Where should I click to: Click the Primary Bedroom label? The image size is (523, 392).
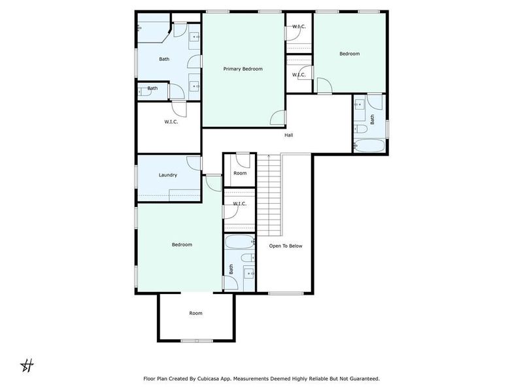(243, 69)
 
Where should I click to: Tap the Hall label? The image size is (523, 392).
(288, 135)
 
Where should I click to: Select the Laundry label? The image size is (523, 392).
(168, 175)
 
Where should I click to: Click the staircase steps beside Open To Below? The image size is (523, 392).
(269, 196)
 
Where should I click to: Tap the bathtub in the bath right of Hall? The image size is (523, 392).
(369, 145)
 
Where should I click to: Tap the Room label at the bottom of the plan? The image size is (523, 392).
(195, 314)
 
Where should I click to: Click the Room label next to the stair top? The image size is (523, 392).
(240, 173)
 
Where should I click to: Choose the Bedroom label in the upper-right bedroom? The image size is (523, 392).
(349, 54)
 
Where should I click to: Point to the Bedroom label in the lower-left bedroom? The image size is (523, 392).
(182, 245)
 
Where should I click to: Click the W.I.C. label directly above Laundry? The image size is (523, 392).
(171, 122)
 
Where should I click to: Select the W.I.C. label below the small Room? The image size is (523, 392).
(239, 204)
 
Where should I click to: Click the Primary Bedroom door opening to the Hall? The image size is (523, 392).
(278, 118)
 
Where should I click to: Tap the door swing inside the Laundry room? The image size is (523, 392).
(194, 163)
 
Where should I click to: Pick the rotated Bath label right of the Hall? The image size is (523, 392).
(373, 120)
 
